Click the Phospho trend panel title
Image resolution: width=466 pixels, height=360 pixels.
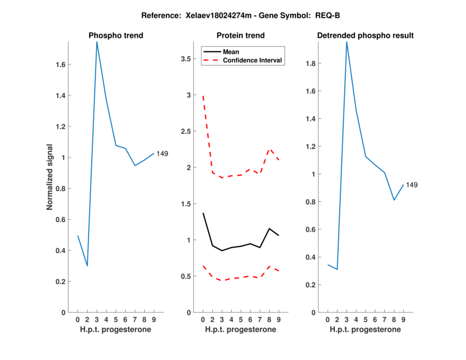(116, 36)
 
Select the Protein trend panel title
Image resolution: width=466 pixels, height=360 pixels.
(241, 36)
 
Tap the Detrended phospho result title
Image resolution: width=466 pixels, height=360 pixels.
(365, 36)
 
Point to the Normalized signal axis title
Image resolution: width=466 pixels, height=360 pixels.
(50, 177)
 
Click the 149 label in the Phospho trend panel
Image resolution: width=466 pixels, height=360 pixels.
(163, 154)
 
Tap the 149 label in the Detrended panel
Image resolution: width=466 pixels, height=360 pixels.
(412, 185)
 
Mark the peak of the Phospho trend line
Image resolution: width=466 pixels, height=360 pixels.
(97, 42)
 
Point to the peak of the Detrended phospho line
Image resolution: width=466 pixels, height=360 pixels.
(347, 42)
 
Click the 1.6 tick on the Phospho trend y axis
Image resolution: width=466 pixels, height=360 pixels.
(60, 65)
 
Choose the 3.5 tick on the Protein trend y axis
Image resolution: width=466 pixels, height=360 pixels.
(185, 59)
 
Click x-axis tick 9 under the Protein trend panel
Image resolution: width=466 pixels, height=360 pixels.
(279, 320)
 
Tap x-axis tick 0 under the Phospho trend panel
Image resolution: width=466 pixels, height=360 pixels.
(77, 320)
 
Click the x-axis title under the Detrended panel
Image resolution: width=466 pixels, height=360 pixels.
(365, 330)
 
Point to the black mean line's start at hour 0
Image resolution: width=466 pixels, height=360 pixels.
(203, 213)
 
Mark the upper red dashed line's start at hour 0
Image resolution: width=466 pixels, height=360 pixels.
(203, 96)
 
